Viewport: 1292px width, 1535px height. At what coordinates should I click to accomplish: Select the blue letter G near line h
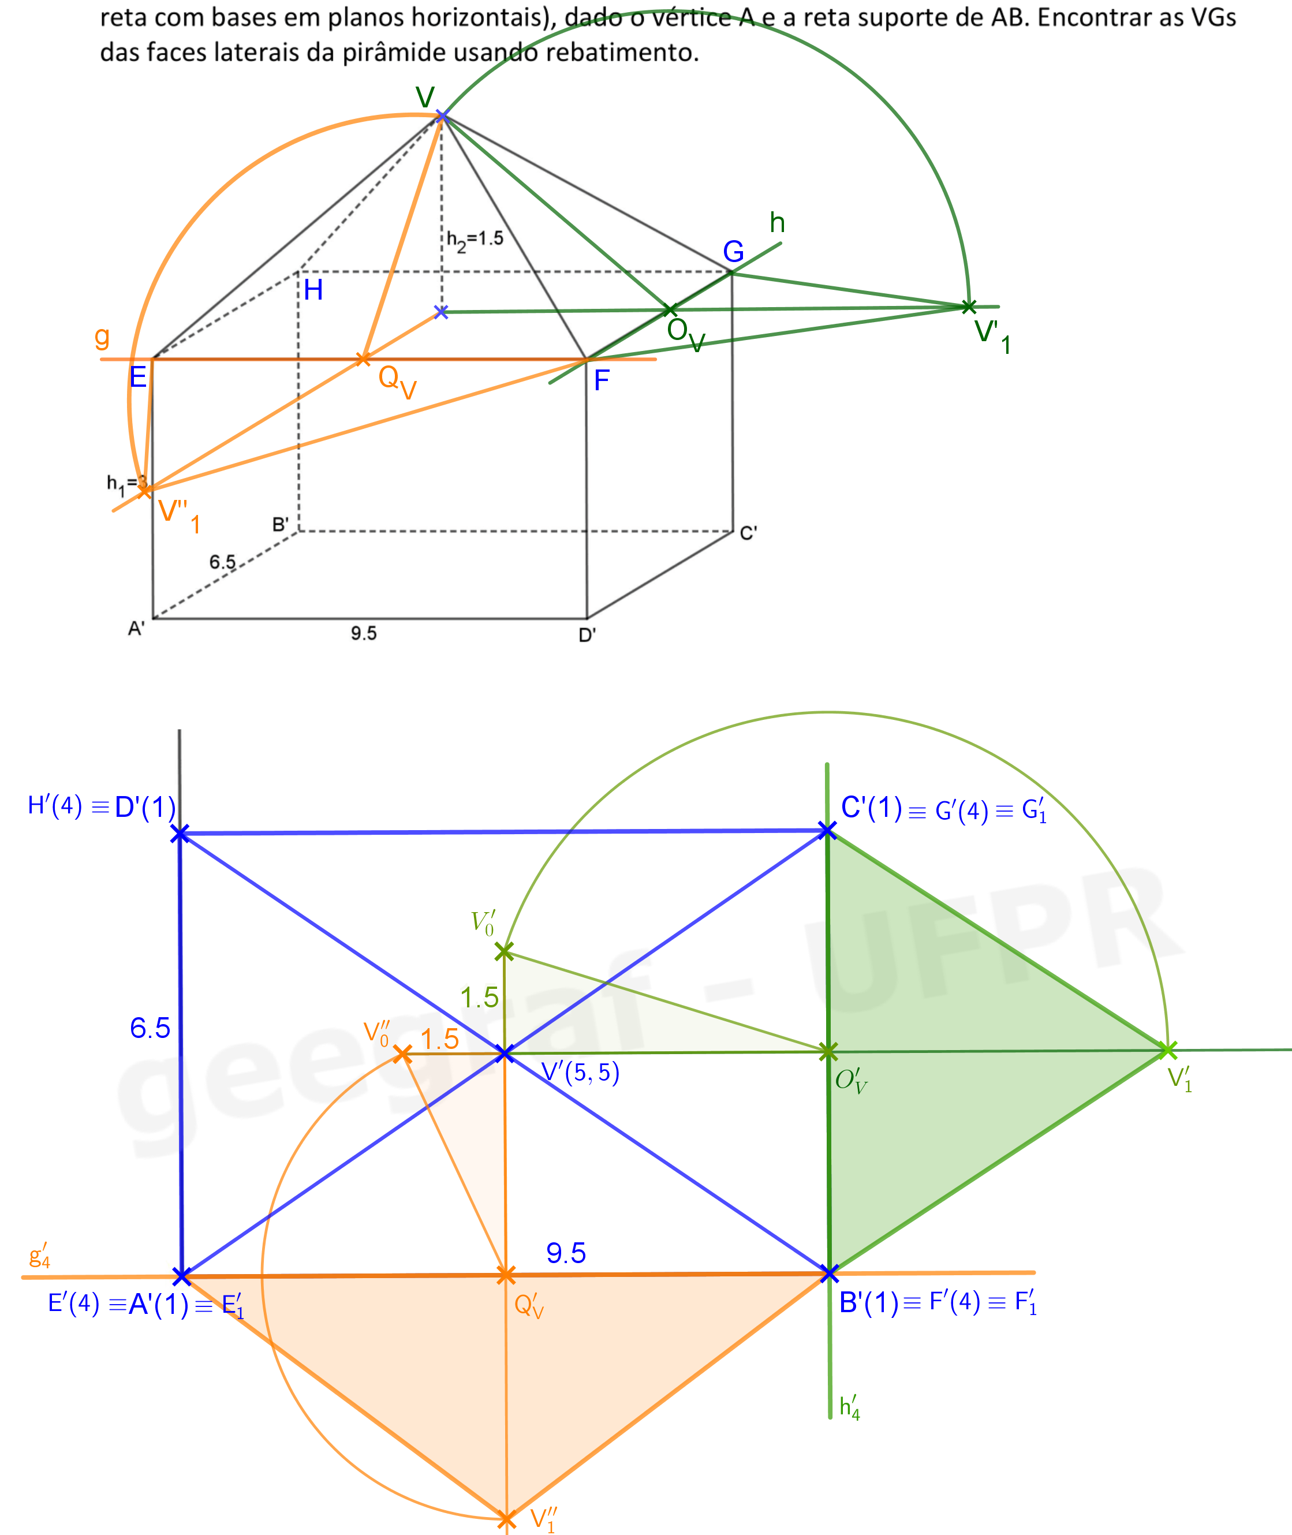click(x=733, y=252)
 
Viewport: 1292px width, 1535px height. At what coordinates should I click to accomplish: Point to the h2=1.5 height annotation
click(x=475, y=240)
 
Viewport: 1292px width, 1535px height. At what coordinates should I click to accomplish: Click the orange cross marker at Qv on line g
click(x=363, y=359)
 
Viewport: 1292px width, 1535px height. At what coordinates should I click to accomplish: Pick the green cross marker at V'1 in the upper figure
click(x=968, y=306)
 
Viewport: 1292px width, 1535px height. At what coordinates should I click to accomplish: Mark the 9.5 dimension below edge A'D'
click(x=363, y=633)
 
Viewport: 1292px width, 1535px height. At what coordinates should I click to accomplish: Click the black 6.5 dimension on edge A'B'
click(x=223, y=562)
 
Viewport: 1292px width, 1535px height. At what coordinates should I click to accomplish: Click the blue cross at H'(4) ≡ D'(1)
click(x=180, y=834)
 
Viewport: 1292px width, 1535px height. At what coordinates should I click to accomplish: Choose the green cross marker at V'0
click(x=504, y=952)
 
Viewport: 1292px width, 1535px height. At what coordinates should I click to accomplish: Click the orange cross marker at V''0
click(x=402, y=1054)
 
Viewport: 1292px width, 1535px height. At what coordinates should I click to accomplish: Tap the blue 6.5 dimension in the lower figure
click(x=150, y=1028)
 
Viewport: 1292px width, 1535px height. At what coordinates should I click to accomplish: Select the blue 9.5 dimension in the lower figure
click(x=566, y=1253)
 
